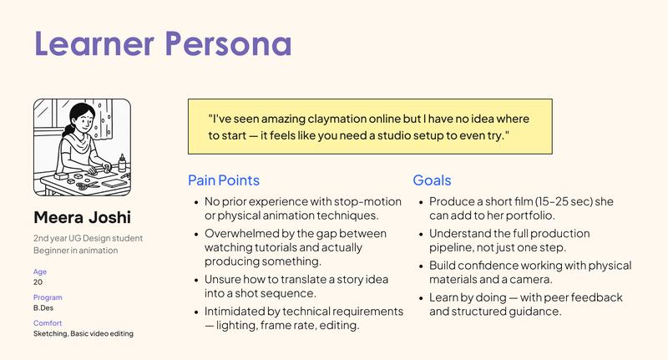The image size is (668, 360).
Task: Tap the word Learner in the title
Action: (92, 43)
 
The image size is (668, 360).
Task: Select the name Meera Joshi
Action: (82, 218)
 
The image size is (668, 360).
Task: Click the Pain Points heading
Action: (223, 180)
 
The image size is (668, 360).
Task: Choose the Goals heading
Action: (432, 180)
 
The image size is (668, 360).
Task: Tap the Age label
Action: (40, 271)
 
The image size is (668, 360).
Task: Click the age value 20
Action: (38, 282)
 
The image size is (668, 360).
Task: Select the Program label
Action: (48, 297)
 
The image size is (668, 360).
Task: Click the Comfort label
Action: (48, 323)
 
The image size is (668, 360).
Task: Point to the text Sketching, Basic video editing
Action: (83, 334)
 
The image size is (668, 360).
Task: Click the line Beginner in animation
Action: (75, 250)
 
